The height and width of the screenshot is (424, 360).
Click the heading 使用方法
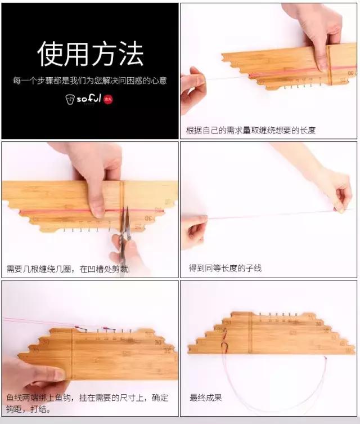(x=90, y=54)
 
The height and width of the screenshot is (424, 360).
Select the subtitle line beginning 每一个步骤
(x=90, y=81)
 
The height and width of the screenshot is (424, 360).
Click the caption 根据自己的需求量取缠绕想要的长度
(x=251, y=130)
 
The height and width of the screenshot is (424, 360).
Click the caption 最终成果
(x=206, y=398)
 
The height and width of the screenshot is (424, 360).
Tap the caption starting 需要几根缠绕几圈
(x=67, y=269)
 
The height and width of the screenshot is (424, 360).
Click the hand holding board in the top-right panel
(x=318, y=34)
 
